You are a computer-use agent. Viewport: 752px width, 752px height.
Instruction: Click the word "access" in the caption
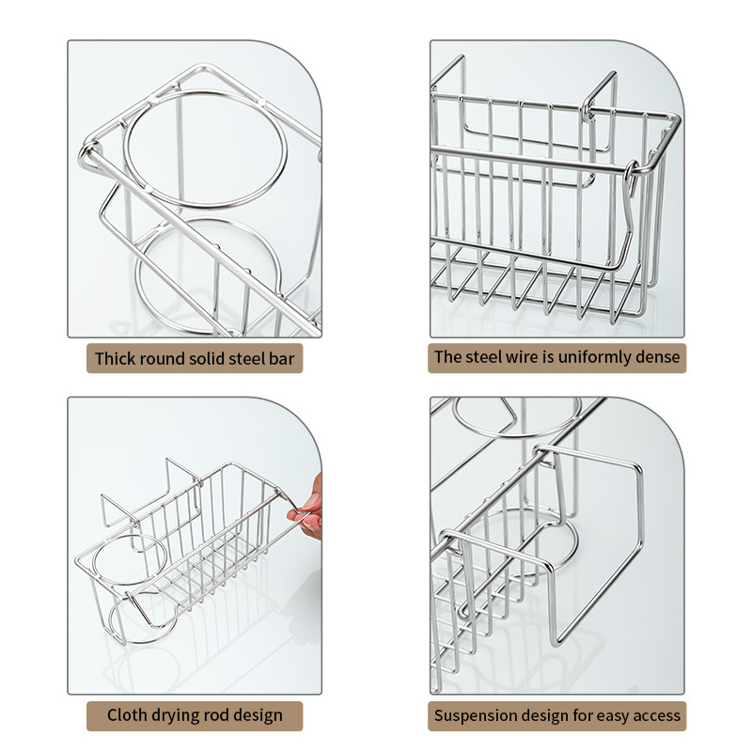(657, 715)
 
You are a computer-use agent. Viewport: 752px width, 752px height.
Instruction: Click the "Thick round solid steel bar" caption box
(195, 358)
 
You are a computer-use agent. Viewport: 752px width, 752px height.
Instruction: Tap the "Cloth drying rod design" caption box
(195, 716)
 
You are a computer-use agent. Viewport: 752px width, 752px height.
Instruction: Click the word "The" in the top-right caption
(448, 357)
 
